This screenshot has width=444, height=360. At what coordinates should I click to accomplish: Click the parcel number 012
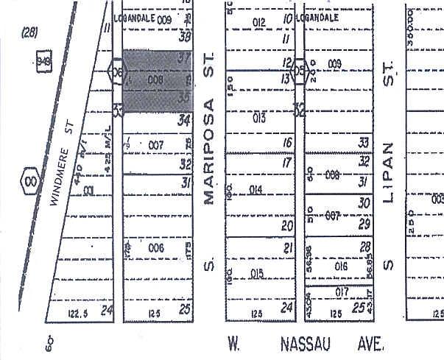pos(258,23)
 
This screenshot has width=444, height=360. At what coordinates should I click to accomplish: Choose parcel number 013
pos(258,118)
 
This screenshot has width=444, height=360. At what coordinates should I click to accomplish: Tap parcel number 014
pos(256,190)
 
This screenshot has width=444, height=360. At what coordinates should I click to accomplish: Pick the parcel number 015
pos(257,274)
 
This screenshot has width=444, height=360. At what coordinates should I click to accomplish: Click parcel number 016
pos(340,266)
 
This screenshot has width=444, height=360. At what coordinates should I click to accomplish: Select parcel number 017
pos(341,292)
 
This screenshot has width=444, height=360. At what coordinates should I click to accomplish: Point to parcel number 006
pos(155,248)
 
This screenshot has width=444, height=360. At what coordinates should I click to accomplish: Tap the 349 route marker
pos(43,63)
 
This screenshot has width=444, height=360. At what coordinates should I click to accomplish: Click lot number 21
pos(288,248)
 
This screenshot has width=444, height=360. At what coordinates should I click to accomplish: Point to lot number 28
pos(363,249)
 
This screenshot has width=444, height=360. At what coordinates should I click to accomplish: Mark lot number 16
pos(288,142)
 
